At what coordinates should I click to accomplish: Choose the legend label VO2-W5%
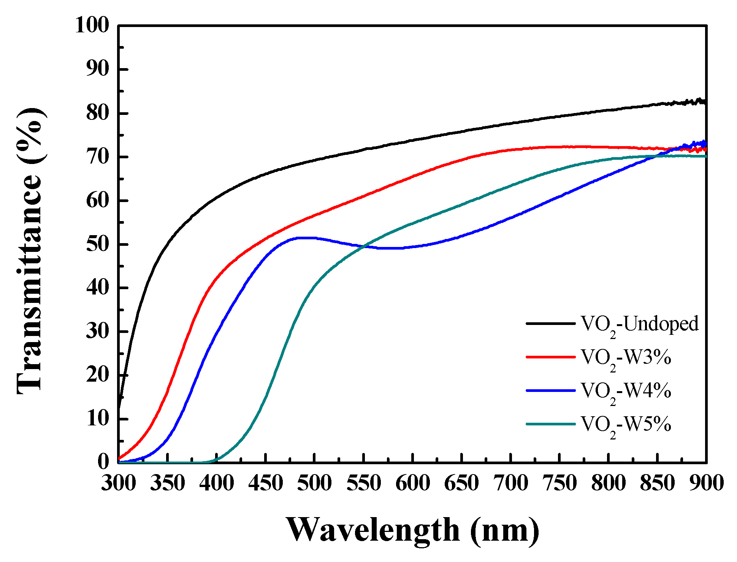click(626, 425)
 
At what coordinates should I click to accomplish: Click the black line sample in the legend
click(550, 324)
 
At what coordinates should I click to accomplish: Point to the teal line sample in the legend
click(550, 424)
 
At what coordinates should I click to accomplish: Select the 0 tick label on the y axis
click(103, 462)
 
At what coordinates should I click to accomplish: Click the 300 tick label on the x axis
click(119, 484)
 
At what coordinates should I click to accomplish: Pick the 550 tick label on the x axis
click(364, 484)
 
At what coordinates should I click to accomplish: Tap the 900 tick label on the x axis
click(706, 484)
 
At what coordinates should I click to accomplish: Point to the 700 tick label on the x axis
click(510, 484)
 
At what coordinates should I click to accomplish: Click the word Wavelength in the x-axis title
click(372, 530)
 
